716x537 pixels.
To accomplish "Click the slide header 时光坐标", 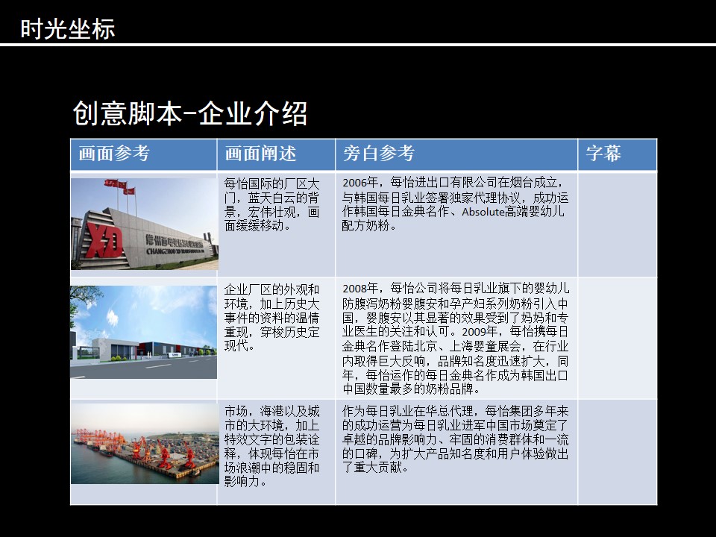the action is point(68,28).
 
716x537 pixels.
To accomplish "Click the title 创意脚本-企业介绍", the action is point(189,113).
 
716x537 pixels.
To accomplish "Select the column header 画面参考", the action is point(114,154).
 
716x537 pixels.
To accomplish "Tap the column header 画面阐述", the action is point(260,154).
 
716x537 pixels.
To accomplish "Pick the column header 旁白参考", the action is point(379,154).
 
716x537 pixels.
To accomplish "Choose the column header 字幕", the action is point(603,154).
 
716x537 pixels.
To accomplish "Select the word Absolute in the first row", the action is point(483,212).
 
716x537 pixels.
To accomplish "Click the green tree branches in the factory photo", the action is point(84,299).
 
